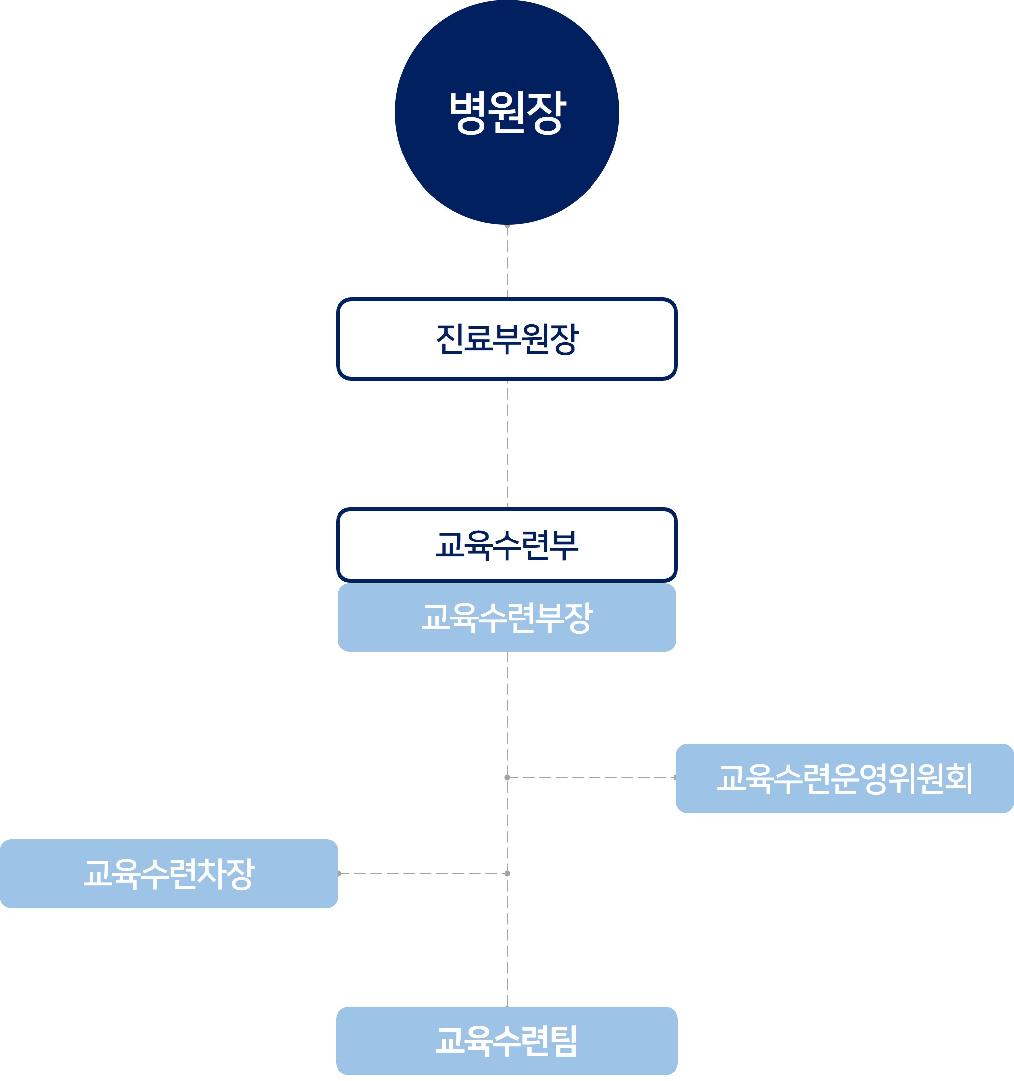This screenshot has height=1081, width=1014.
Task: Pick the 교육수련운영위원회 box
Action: (x=845, y=778)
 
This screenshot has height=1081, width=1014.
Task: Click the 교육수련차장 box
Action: (x=169, y=874)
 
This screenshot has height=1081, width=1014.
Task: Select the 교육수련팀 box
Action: (x=507, y=1041)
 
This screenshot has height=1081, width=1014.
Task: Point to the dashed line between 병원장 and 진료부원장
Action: (x=507, y=261)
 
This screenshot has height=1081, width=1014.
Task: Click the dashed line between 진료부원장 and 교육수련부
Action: (x=507, y=443)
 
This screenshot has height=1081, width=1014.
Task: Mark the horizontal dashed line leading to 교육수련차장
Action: (x=422, y=874)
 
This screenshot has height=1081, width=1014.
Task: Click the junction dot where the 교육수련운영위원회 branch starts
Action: (x=507, y=778)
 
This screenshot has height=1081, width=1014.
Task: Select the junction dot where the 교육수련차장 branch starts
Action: (x=507, y=874)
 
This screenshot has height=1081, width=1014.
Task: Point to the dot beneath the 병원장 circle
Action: (x=507, y=225)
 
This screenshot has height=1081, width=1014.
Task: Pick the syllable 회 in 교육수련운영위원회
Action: (x=958, y=778)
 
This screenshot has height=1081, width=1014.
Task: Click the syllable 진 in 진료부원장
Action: (x=450, y=338)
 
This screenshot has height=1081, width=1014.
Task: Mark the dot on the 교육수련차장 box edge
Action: (x=339, y=874)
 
